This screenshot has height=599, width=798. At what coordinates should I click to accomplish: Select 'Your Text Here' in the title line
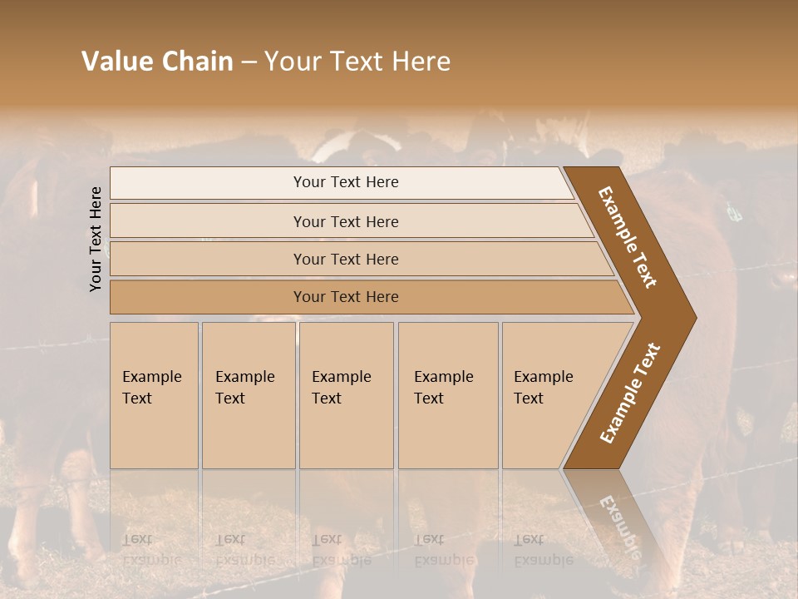tap(357, 62)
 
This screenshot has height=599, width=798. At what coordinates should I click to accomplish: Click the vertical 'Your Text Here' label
tap(96, 240)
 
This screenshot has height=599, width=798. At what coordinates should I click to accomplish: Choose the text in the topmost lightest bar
tap(346, 182)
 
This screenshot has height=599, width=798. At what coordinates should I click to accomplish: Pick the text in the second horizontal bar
tap(346, 221)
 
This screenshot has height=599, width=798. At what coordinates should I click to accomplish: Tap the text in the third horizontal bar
tap(346, 259)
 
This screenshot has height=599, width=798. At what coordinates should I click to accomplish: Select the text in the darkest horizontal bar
tap(346, 296)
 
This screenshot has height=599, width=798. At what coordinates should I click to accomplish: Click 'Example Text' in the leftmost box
tap(151, 388)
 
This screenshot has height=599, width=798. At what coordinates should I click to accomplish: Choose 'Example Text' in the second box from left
tap(244, 388)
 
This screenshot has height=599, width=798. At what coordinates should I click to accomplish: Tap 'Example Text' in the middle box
tap(341, 388)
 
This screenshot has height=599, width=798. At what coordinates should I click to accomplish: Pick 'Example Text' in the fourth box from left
tap(443, 388)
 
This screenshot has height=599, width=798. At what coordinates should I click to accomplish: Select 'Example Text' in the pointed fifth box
tap(543, 388)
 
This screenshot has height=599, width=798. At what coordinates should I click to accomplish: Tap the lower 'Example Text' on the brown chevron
tap(630, 394)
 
